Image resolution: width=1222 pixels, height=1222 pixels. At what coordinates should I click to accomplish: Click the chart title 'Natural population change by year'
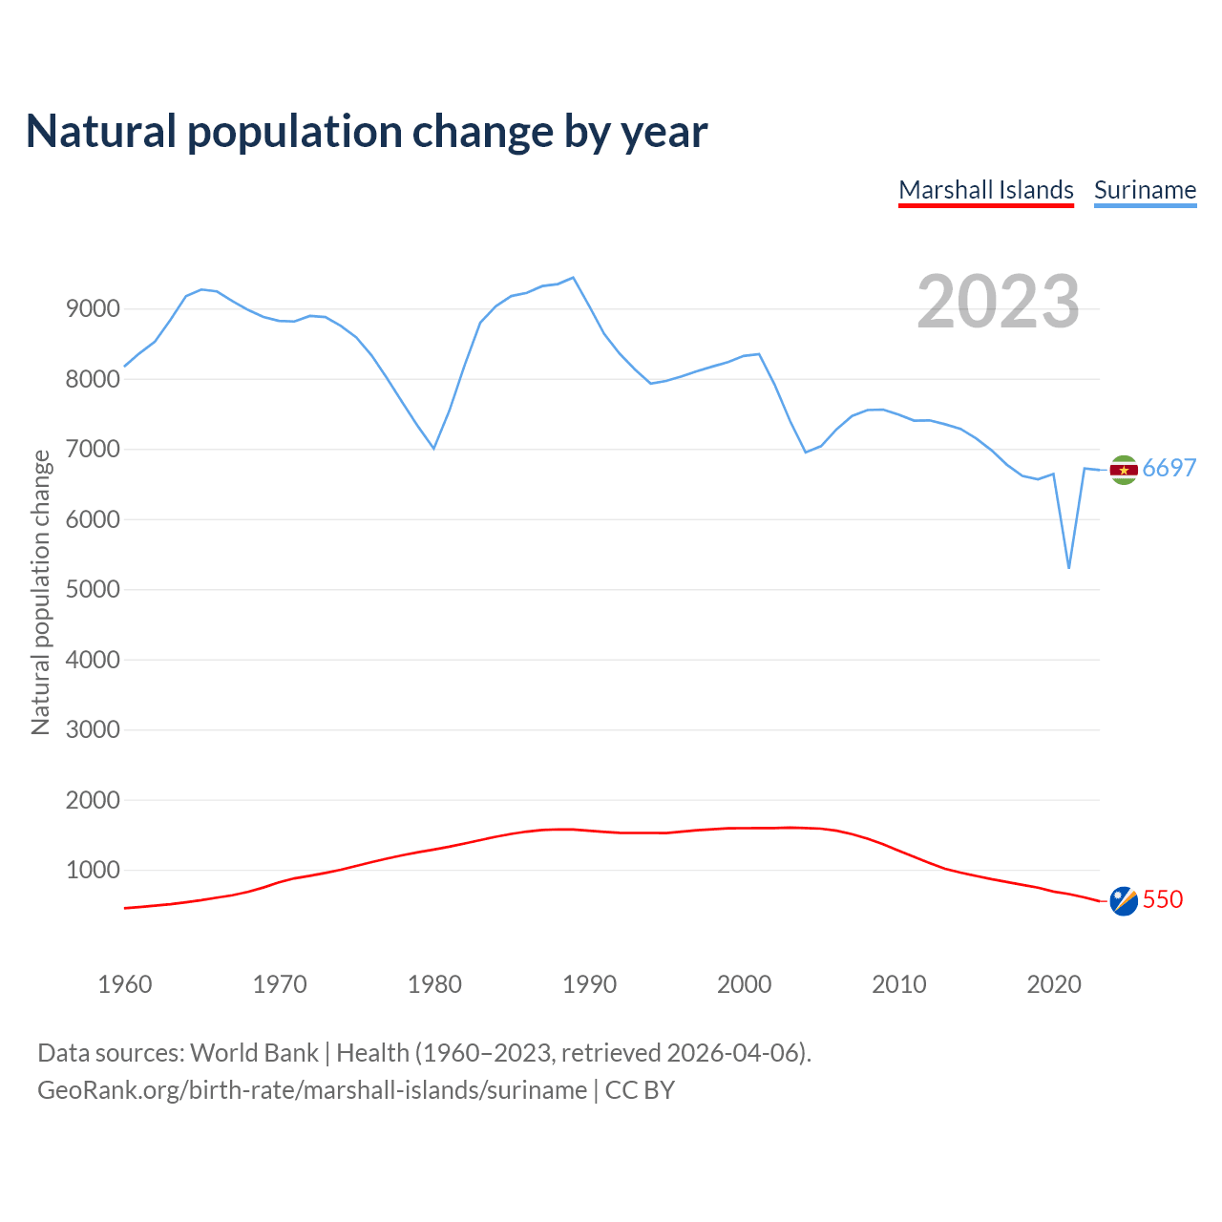click(367, 132)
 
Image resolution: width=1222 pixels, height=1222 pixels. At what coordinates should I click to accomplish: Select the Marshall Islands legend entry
click(986, 190)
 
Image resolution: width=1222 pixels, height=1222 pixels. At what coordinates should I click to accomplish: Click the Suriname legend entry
click(1145, 190)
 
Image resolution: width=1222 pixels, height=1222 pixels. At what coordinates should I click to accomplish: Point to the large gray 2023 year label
click(998, 302)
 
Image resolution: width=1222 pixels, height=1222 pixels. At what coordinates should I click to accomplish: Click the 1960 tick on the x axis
click(125, 984)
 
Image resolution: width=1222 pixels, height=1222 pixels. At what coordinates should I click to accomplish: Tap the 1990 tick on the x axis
click(589, 984)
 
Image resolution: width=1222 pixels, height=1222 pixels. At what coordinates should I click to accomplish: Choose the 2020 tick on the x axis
click(1053, 984)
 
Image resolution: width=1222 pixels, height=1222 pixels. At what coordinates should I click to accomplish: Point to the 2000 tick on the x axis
click(744, 984)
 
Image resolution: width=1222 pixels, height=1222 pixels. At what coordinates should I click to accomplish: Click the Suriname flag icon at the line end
click(1124, 469)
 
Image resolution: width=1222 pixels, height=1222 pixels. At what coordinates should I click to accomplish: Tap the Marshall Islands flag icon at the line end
click(1124, 900)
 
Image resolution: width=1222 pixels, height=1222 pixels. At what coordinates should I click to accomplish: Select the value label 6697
click(1169, 468)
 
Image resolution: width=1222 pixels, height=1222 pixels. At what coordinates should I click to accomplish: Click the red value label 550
click(1163, 899)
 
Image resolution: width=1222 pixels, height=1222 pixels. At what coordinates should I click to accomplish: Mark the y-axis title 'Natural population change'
click(40, 592)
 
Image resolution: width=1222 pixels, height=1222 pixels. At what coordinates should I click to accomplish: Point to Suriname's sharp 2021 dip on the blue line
click(1069, 568)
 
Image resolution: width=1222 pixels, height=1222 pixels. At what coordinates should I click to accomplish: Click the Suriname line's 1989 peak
click(573, 278)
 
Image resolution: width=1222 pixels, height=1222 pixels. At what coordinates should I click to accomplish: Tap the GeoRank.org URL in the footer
click(312, 1090)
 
